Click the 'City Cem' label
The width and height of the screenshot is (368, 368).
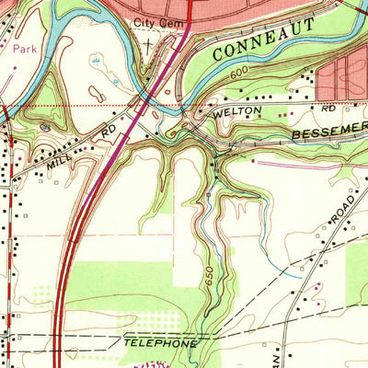[x=152, y=21]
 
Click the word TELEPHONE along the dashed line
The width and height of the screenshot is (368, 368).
[x=160, y=342]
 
